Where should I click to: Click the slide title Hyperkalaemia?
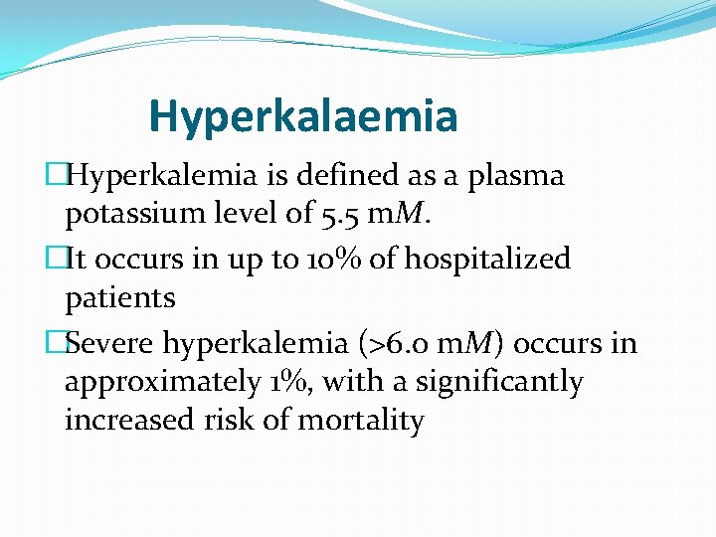click(x=303, y=115)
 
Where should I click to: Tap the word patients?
click(x=119, y=297)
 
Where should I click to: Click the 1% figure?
click(x=288, y=381)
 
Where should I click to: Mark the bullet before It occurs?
click(x=56, y=259)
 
